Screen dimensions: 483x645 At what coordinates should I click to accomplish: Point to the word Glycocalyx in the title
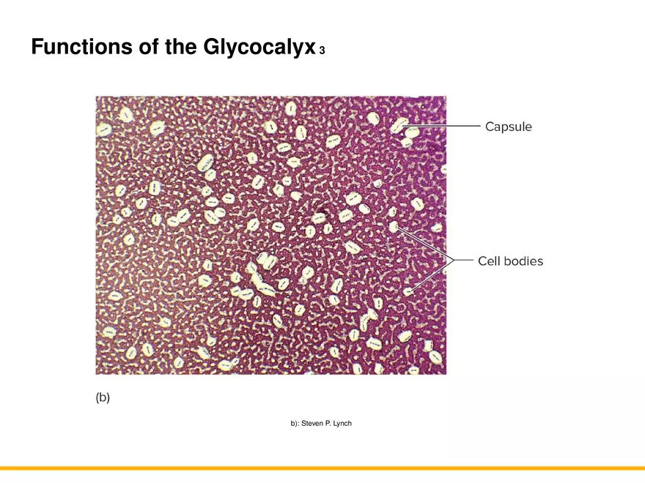coord(257,48)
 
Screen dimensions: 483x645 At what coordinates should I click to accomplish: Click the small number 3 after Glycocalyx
coord(322,51)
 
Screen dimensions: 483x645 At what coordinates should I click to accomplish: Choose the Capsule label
coord(509,127)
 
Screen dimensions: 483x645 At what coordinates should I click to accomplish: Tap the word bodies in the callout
coord(523,261)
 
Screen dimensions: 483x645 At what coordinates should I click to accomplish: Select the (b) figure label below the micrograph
coord(103,397)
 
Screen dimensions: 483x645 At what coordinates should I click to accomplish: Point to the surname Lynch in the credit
coord(342,424)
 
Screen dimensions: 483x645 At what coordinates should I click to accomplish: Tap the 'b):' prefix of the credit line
coord(295,424)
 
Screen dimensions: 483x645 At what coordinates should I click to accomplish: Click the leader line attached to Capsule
coord(447,127)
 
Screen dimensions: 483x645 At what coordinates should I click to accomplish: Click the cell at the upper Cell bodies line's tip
coord(394,228)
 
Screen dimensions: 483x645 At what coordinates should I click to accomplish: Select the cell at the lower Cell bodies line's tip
coord(408,291)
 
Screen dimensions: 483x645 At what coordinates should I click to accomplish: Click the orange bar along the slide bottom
coord(322,468)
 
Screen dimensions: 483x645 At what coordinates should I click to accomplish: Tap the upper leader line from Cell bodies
coord(425,244)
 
